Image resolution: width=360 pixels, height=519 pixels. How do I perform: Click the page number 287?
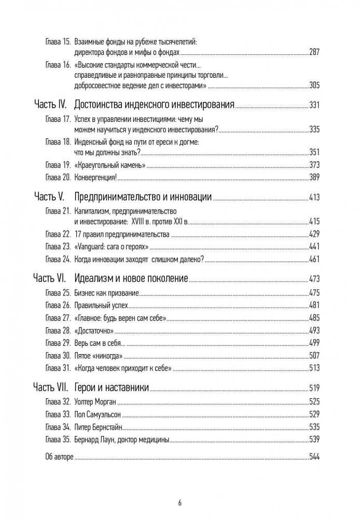pos(314,52)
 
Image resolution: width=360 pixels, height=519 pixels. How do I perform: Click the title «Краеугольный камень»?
pos(109,165)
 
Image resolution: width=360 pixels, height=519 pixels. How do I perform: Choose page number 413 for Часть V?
pos(314,198)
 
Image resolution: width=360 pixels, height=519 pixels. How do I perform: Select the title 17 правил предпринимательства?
pos(122,234)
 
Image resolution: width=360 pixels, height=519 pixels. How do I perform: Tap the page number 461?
pos(314,258)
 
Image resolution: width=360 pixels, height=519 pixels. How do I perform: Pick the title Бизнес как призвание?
pos(107,293)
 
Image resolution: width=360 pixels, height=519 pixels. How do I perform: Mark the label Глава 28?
pos(58,330)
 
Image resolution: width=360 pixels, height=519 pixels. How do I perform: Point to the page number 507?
pos(314,356)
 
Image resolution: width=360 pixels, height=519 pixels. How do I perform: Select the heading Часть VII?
pos(52,387)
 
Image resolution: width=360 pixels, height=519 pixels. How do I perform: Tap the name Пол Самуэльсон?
pos(104,415)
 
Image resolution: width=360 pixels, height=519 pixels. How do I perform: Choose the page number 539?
pos(314,440)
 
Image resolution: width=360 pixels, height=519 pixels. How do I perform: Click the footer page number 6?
pos(179,502)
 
